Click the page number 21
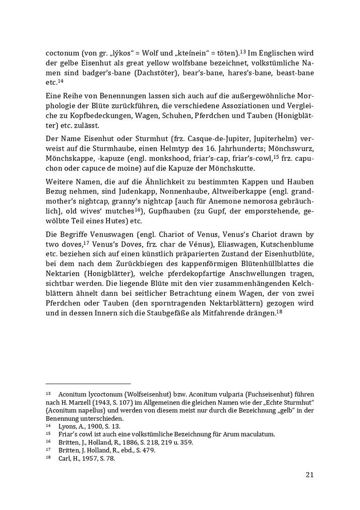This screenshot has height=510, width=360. (x=310, y=474)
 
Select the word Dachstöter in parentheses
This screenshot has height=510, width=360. (x=141, y=73)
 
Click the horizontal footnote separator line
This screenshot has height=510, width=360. (x=88, y=384)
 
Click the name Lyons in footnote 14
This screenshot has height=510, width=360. (x=67, y=426)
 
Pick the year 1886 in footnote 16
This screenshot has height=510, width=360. (x=112, y=442)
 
